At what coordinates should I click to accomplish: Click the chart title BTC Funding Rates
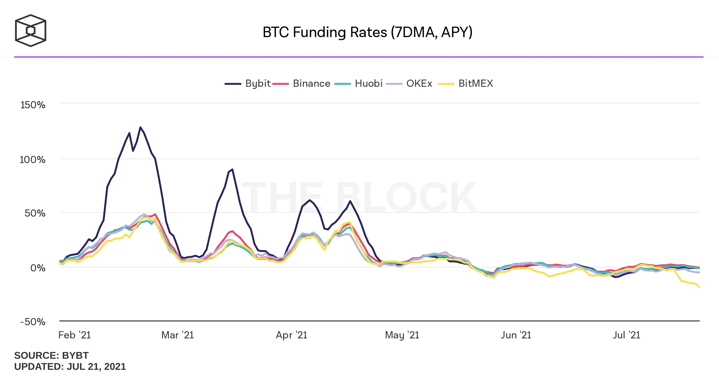coord(367,32)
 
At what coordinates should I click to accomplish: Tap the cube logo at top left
coord(31,31)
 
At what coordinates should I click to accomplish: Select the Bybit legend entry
coord(248,83)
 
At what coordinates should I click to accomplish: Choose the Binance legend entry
coord(302,83)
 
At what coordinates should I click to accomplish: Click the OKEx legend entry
coord(410,83)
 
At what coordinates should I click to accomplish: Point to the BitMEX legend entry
coord(466,83)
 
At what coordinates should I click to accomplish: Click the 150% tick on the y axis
coord(33,105)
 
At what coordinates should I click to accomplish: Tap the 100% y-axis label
coord(33,159)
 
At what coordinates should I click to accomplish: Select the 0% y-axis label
coord(38,268)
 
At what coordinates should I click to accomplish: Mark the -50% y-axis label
coord(33,322)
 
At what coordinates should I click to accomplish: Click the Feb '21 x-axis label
coord(75,335)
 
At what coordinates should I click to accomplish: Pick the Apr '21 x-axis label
coord(291,335)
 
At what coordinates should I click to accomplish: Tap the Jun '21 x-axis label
coord(516,335)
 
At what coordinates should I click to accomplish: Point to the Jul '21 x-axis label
coord(626,335)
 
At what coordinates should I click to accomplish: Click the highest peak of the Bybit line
coord(140,127)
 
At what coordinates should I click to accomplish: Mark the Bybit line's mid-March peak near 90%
coord(232,170)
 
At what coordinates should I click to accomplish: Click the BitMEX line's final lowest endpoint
coord(699,287)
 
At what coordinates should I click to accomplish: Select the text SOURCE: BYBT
coord(52,355)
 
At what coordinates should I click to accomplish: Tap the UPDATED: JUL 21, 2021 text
coord(70,367)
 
